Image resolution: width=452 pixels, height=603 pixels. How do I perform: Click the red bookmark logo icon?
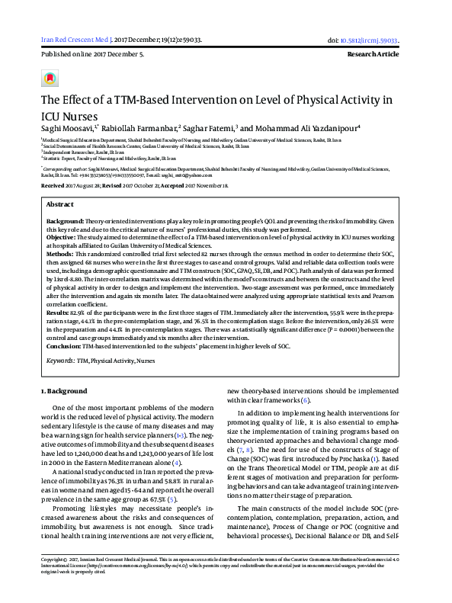[x=50, y=78]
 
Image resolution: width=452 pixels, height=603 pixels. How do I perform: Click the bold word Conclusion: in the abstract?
[x=64, y=345]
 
